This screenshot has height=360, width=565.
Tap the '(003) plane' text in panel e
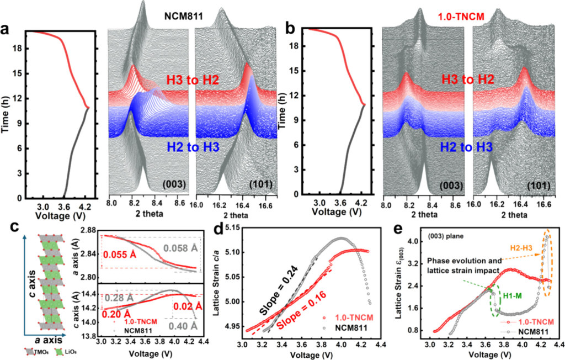coord(425,239)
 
